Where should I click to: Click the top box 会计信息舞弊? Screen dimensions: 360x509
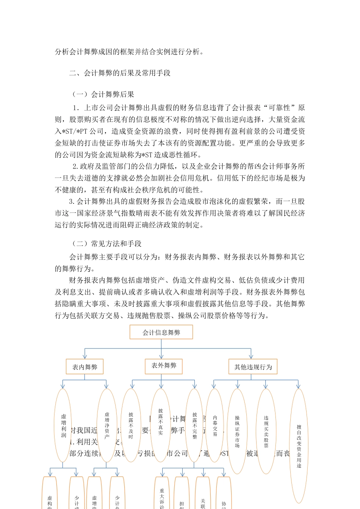pyautogui.click(x=161, y=332)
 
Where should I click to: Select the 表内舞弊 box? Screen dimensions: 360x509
pyautogui.click(x=85, y=367)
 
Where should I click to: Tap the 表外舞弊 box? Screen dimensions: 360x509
pyautogui.click(x=164, y=365)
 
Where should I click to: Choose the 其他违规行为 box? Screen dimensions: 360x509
pyautogui.click(x=253, y=367)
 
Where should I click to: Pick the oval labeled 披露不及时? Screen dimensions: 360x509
pyautogui.click(x=131, y=425)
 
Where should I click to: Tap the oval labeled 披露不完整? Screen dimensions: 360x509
pyautogui.click(x=194, y=425)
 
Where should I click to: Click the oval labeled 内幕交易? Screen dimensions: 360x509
pyautogui.click(x=215, y=425)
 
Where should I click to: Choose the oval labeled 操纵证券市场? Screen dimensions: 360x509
pyautogui.click(x=237, y=431)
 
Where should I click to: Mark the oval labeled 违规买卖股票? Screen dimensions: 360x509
pyautogui.click(x=266, y=431)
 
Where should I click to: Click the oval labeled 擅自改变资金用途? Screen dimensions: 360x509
pyautogui.click(x=299, y=445)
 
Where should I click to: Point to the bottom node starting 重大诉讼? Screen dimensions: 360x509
pyautogui.click(x=162, y=496)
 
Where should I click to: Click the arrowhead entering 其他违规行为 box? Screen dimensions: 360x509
pyautogui.click(x=251, y=356)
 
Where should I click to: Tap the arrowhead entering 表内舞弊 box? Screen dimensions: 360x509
pyautogui.click(x=85, y=356)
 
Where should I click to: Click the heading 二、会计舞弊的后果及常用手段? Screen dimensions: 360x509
pyautogui.click(x=120, y=73)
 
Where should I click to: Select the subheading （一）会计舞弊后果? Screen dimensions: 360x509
pyautogui.click(x=103, y=94)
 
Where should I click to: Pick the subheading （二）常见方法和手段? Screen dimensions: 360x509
pyautogui.click(x=106, y=244)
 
